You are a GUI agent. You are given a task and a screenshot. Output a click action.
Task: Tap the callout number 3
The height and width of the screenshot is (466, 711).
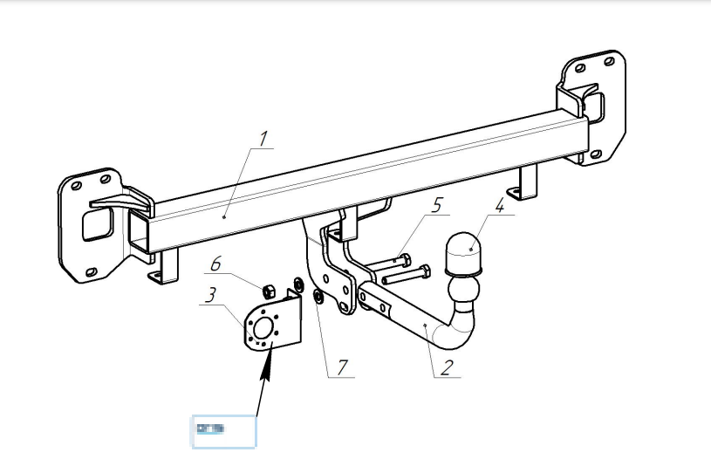(210, 294)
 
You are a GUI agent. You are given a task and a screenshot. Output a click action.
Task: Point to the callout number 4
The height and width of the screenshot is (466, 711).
(499, 207)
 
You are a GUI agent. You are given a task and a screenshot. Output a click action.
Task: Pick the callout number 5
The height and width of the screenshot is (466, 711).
(437, 205)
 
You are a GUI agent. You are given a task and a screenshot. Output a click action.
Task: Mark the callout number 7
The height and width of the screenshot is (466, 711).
(343, 367)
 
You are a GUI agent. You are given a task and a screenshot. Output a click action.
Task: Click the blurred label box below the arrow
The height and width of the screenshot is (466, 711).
(223, 431)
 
